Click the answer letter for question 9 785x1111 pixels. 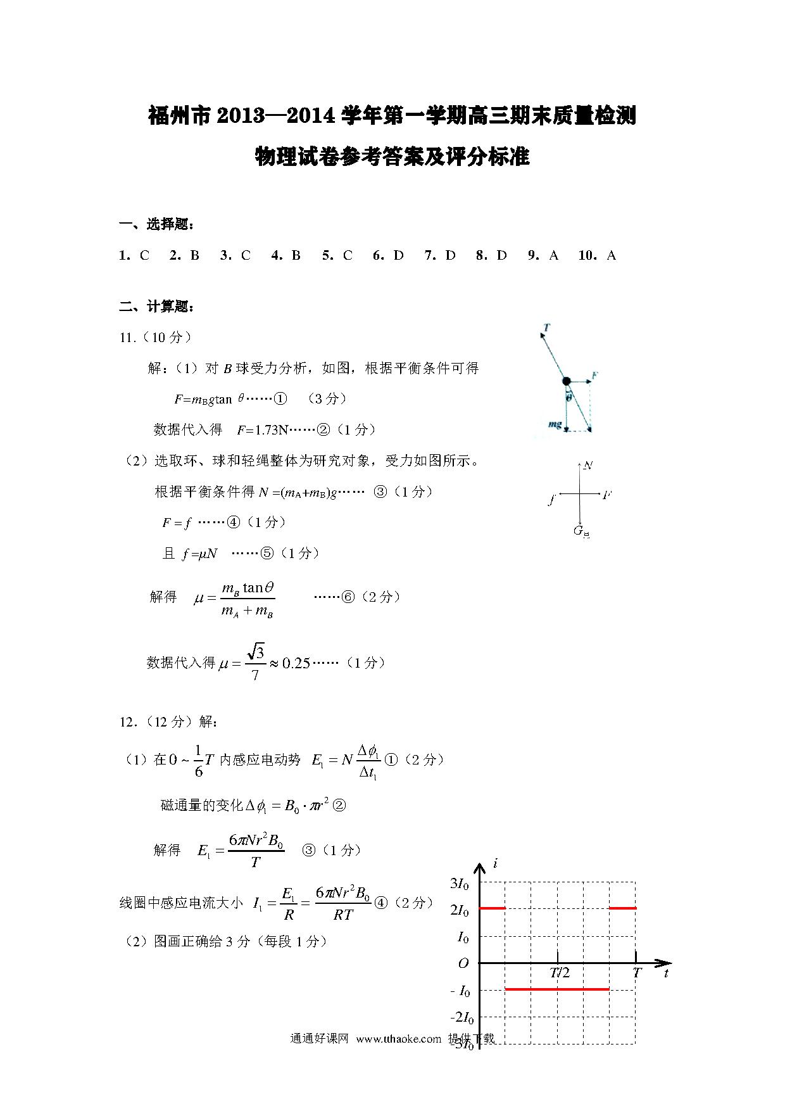pos(554,255)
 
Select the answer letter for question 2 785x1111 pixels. pos(195,255)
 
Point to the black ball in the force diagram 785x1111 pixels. pos(567,381)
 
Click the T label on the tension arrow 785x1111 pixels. pos(546,327)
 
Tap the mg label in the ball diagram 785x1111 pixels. pos(554,424)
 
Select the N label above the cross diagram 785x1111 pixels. pos(588,466)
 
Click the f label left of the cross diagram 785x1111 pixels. pos(552,500)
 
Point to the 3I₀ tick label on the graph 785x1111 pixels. pos(459,884)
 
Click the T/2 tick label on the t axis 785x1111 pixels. pos(560,973)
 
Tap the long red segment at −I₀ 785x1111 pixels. pos(557,989)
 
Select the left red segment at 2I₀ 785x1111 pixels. pos(493,908)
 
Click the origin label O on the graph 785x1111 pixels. pos(463,963)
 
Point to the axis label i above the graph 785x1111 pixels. pos(496,863)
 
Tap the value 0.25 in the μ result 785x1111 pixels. pos(296,663)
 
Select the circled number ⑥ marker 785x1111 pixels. pos(348,597)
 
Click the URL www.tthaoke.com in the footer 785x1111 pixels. pos(398,1039)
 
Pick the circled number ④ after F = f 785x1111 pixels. pos(234,523)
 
